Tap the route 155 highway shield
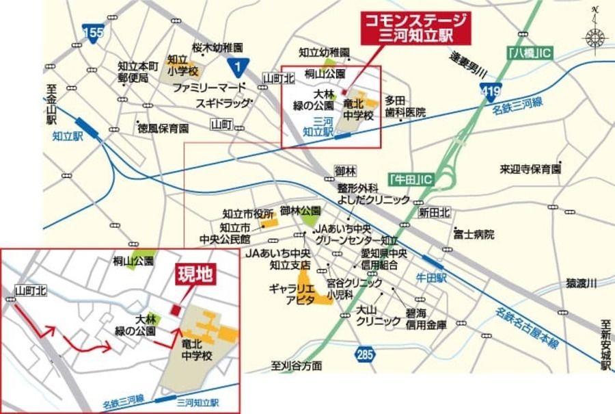click(93, 32)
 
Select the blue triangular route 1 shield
click(236, 66)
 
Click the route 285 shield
click(366, 353)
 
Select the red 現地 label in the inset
click(196, 274)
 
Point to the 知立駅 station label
click(67, 136)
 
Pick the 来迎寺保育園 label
click(530, 168)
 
